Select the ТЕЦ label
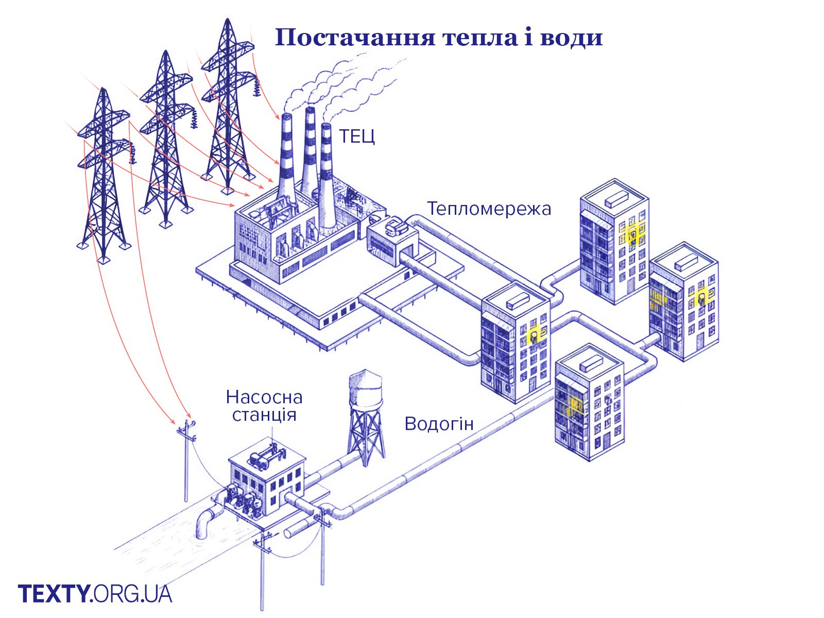pos(356,136)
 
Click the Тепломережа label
pos(489,209)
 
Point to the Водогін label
pos(439,423)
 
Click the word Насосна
pos(264,397)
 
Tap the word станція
pos(264,415)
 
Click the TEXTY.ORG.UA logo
pos(95,593)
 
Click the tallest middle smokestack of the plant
pos(309,149)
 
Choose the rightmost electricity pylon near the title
pos(227,103)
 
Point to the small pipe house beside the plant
pos(391,239)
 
